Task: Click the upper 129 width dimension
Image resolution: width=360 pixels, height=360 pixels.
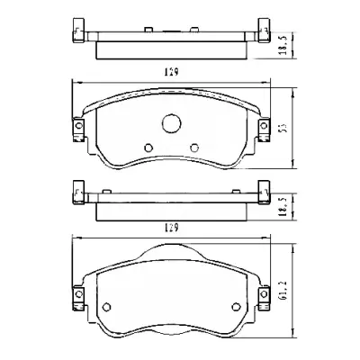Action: tap(171, 72)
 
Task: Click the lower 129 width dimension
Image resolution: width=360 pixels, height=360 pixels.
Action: tap(171, 229)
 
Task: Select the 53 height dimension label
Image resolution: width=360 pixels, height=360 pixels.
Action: tap(284, 128)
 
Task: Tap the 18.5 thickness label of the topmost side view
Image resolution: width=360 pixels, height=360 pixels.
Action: tap(284, 45)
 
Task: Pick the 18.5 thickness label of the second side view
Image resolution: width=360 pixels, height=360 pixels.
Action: tap(284, 206)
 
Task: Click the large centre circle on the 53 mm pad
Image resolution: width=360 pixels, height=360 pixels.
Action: tap(172, 123)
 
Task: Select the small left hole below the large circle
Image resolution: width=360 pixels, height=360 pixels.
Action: tap(148, 148)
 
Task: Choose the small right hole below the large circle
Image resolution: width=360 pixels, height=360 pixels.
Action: tap(194, 148)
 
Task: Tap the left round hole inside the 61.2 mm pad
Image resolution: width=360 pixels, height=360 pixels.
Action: tap(107, 307)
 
